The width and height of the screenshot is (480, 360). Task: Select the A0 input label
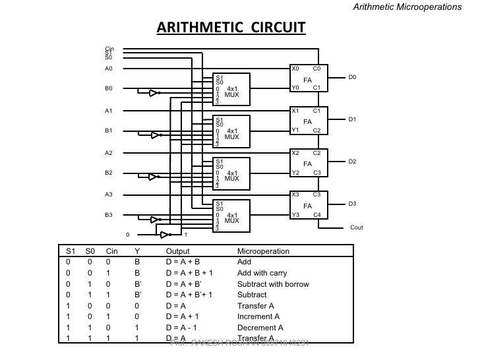point(109,68)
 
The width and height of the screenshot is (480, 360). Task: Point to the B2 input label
point(109,173)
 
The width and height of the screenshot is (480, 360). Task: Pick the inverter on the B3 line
point(154,220)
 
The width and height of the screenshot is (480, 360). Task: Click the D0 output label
point(352,77)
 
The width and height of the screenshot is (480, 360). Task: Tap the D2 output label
point(352,161)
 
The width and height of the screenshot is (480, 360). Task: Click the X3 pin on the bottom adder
point(295,195)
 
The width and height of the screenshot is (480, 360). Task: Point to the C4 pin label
point(316,215)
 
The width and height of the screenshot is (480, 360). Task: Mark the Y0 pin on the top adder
point(295,88)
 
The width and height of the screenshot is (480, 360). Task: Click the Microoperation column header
point(263,251)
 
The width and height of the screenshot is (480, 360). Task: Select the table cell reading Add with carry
point(262,273)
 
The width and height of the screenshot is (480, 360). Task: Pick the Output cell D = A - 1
point(185,327)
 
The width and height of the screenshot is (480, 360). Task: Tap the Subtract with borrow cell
point(272,284)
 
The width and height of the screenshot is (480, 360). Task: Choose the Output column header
point(177,251)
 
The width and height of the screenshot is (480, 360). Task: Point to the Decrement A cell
point(260,327)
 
